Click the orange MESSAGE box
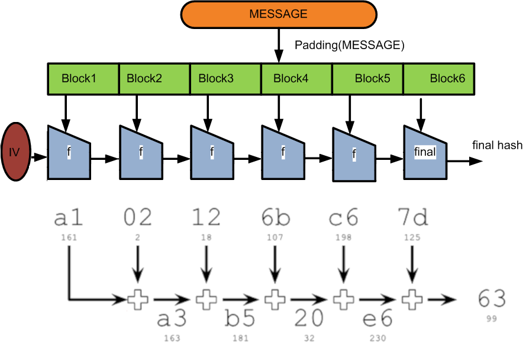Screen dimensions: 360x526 click(x=278, y=15)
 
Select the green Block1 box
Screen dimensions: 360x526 click(x=83, y=79)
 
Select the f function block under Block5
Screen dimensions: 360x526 click(x=354, y=155)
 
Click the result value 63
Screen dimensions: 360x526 click(x=492, y=300)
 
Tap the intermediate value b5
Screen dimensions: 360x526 click(x=240, y=319)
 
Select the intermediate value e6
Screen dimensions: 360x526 click(x=377, y=319)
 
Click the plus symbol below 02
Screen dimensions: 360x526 click(x=137, y=300)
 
